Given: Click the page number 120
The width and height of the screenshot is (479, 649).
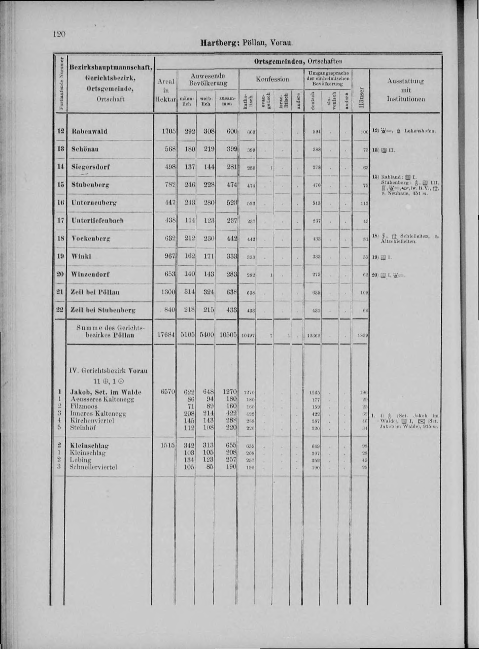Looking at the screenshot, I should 59,34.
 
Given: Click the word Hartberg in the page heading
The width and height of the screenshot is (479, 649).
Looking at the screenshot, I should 219,43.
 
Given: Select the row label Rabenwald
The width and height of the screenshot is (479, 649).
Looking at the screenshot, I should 89,131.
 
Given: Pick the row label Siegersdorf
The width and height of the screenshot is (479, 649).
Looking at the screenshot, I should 90,167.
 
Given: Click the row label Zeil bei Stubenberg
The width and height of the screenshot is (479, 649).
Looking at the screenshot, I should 103,310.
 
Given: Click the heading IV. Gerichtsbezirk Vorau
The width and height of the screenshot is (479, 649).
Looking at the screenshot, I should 108,371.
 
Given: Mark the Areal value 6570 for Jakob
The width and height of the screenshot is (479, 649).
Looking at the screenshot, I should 168,392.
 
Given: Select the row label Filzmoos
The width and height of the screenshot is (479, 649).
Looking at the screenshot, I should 84,406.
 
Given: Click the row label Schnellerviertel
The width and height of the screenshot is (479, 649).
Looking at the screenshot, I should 93,467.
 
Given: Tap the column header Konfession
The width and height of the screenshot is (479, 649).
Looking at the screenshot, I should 272,79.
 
